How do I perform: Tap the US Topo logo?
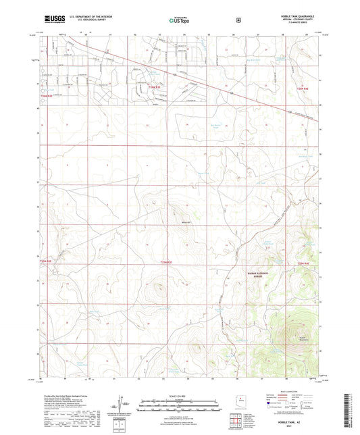[178, 21]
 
